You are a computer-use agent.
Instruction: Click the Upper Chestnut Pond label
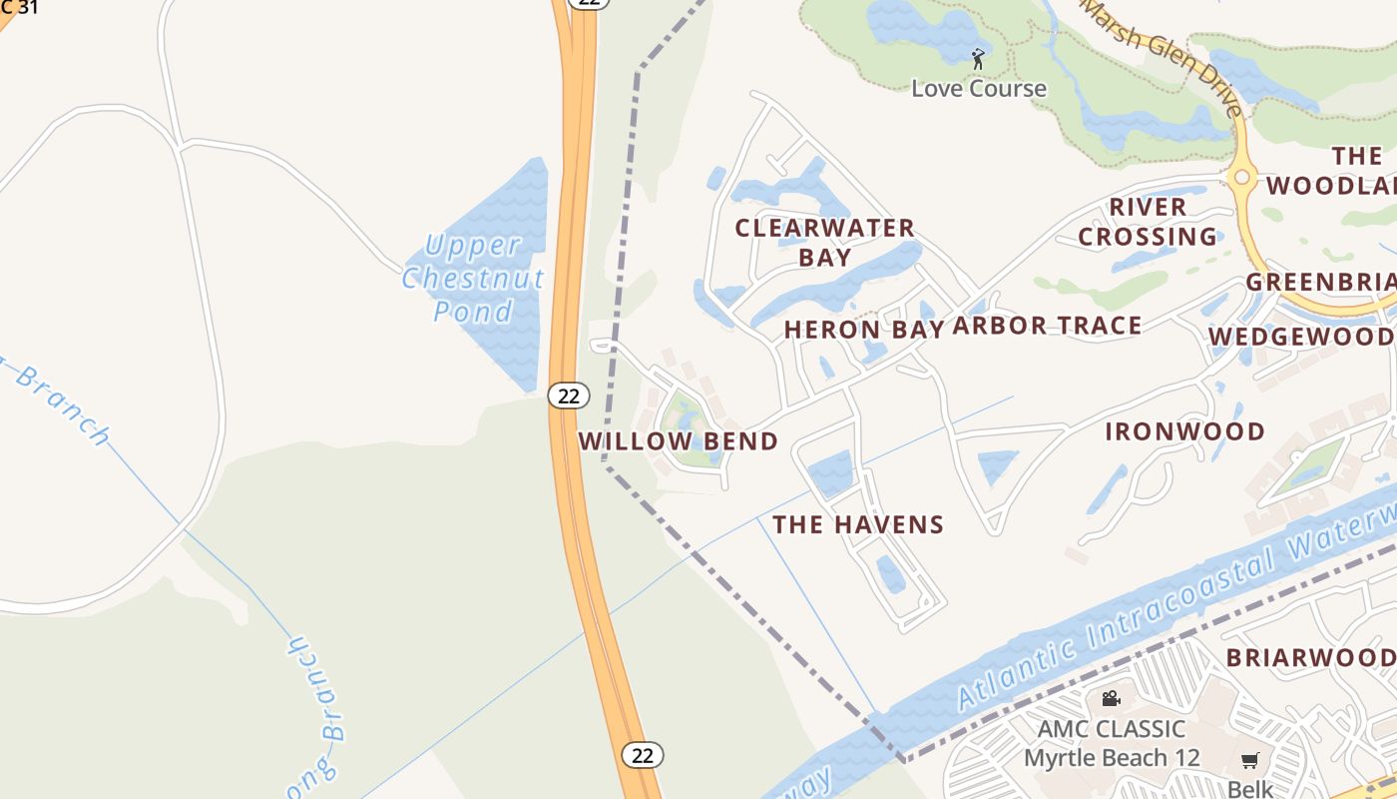(x=474, y=277)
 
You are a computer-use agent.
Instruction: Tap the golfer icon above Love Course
(x=978, y=59)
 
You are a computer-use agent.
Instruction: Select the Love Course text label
(x=979, y=88)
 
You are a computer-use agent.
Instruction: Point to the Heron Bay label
(x=864, y=330)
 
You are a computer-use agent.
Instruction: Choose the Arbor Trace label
(x=1047, y=326)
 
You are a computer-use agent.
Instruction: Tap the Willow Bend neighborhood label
(x=678, y=441)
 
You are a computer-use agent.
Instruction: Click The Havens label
(x=858, y=524)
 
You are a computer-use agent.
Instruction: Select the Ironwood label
(x=1185, y=431)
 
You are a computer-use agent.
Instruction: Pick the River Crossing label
(x=1148, y=222)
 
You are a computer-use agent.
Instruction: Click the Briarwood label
(x=1310, y=657)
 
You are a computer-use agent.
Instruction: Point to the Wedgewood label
(x=1301, y=337)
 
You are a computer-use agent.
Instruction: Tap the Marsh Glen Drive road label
(x=1164, y=55)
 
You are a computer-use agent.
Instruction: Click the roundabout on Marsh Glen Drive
(x=1242, y=178)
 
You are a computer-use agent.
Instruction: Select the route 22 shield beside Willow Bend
(x=569, y=396)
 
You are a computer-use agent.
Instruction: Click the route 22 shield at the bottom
(x=643, y=755)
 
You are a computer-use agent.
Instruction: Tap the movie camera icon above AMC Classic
(x=1111, y=698)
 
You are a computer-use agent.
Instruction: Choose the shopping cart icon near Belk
(x=1250, y=760)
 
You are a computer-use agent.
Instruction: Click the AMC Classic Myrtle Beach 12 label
(x=1112, y=743)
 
